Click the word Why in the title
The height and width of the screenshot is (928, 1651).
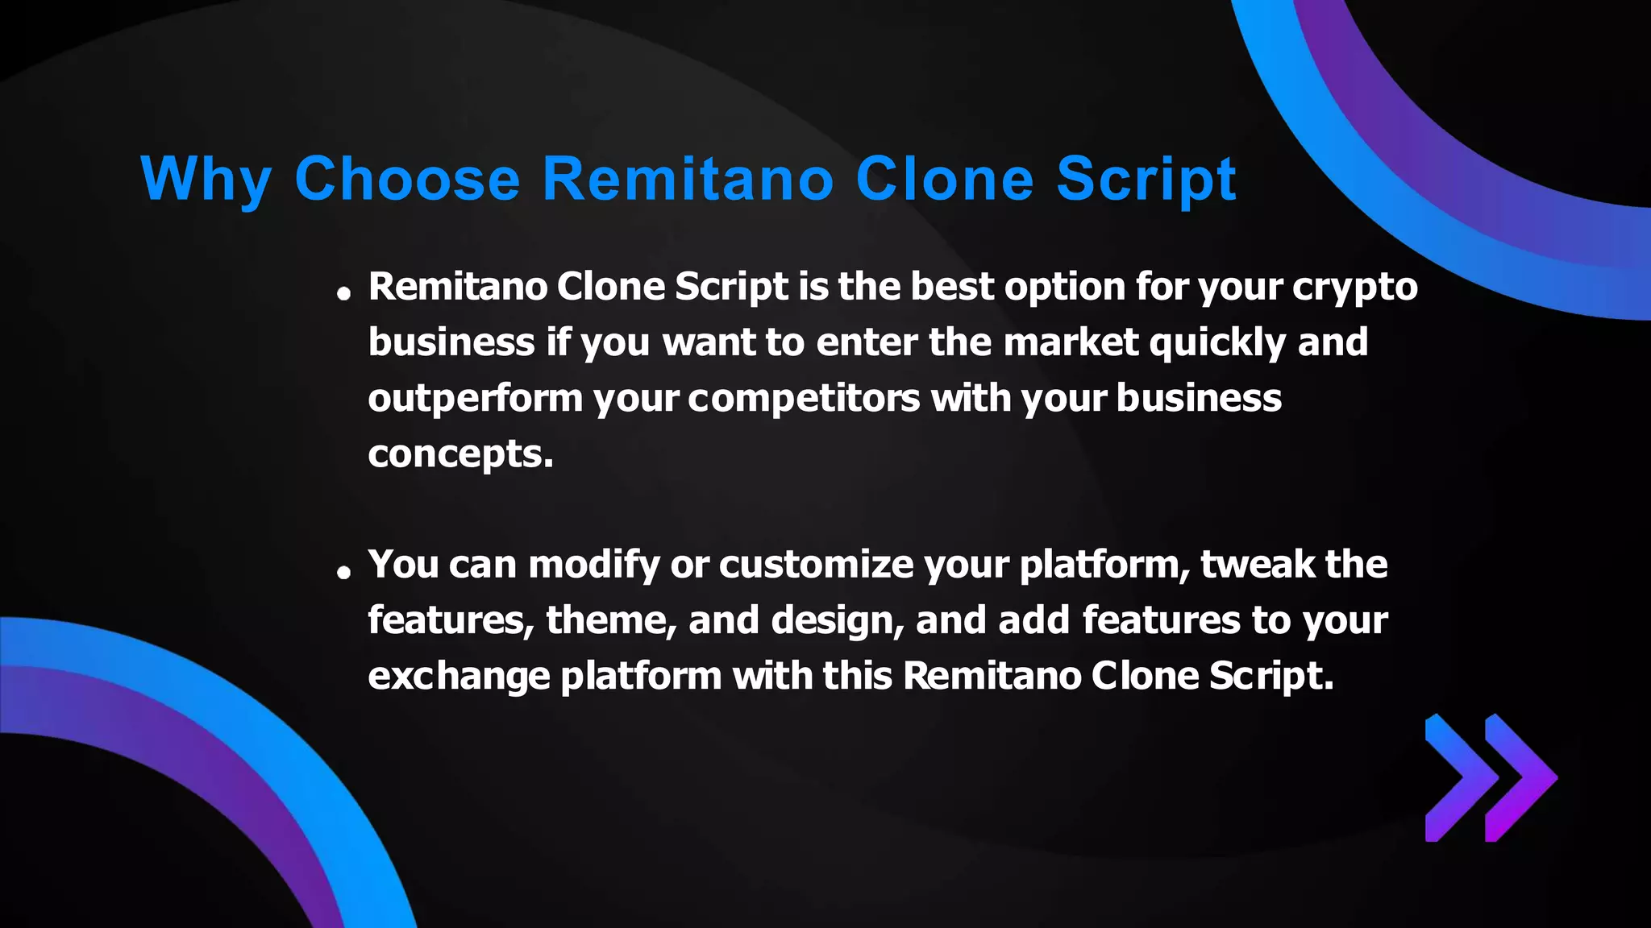(x=206, y=179)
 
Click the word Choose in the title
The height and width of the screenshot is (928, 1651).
(x=407, y=179)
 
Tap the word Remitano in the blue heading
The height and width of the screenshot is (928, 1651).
(x=688, y=179)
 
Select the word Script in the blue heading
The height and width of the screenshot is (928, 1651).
(x=1146, y=179)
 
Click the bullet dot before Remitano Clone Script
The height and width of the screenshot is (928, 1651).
(x=344, y=294)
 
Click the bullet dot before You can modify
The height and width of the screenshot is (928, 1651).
(x=344, y=572)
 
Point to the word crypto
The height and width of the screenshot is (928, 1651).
(x=1354, y=288)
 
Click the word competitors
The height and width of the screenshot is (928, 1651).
(x=804, y=399)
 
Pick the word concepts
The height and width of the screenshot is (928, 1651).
(x=460, y=454)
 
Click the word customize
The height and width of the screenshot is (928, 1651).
(x=816, y=565)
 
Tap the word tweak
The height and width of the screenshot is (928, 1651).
(x=1257, y=565)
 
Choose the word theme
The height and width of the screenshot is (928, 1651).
(x=612, y=620)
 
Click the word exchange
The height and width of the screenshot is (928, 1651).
(x=459, y=676)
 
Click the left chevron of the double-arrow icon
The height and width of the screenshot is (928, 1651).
(x=1458, y=777)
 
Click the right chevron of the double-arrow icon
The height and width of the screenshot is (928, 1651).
(x=1520, y=777)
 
